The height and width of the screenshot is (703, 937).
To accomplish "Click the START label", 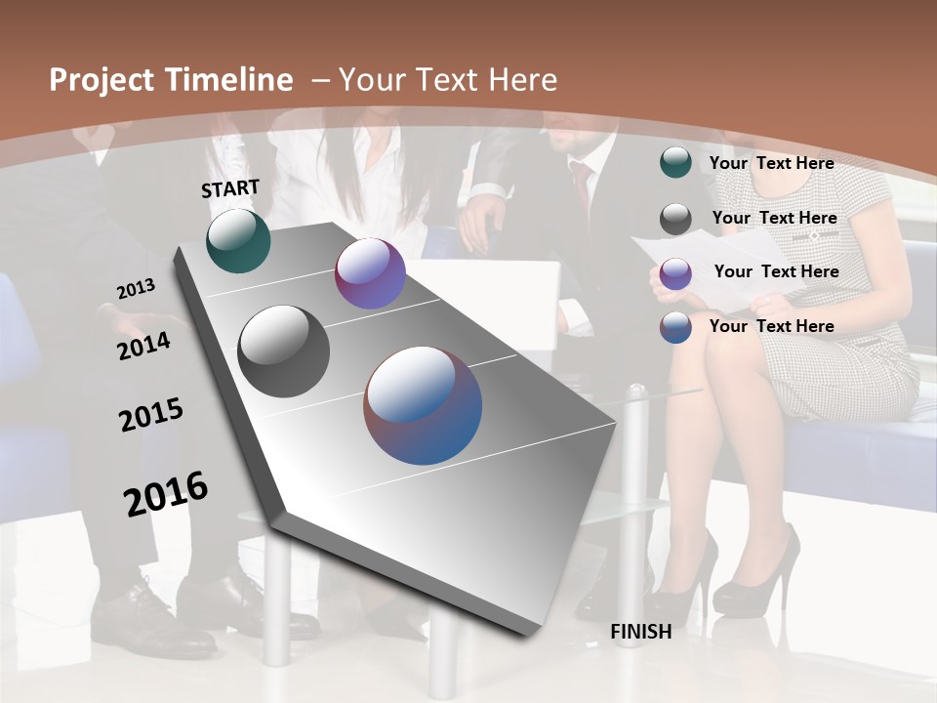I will [x=230, y=188].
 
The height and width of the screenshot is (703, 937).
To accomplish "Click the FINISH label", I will [x=641, y=632].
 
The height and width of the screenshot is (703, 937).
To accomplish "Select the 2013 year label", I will [x=136, y=289].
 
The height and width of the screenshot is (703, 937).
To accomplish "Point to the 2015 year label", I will [x=151, y=414].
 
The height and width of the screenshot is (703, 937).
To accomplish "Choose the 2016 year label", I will [x=166, y=494].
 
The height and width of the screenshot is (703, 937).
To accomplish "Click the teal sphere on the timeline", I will [x=238, y=240].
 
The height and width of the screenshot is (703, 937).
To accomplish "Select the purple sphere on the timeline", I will [x=370, y=273].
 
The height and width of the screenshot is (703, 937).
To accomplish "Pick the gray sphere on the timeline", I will [x=283, y=351].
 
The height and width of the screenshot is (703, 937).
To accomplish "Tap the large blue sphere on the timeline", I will [x=423, y=405].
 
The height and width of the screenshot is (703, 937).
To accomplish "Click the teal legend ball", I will [x=675, y=163].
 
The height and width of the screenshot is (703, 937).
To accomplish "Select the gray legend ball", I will [x=675, y=219].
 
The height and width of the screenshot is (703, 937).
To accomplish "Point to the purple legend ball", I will [x=675, y=273].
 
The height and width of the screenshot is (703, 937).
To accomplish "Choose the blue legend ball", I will [x=675, y=327].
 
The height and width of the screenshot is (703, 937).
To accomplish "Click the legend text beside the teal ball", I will [x=771, y=163].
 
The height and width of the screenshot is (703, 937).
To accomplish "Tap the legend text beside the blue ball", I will [x=771, y=326].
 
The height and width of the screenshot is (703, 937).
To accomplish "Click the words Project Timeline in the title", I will [x=171, y=80].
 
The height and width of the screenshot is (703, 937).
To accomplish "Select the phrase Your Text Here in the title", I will [x=447, y=80].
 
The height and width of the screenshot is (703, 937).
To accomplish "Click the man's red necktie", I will [x=583, y=186].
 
